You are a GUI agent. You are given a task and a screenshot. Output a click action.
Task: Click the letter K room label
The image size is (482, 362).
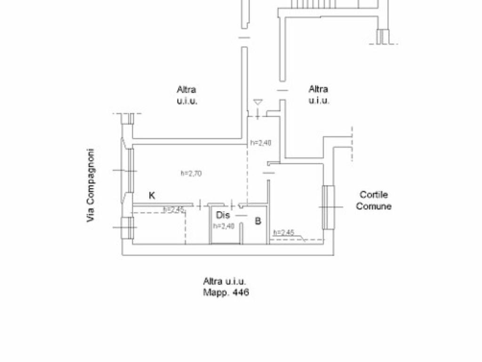152,196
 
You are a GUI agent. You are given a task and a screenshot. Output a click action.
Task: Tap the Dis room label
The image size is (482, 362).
223,216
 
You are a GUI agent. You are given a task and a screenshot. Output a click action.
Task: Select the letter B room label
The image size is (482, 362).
258,221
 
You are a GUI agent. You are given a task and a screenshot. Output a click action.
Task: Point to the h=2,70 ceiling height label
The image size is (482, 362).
191,173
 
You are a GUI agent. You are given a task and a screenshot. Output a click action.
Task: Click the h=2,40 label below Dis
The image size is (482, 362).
224,226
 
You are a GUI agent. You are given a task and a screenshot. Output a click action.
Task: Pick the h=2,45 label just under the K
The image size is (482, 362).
174,210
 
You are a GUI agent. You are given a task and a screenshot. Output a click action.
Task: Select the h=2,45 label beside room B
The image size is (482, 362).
284,232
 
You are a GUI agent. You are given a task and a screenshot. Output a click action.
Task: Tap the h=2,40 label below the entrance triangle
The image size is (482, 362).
261,143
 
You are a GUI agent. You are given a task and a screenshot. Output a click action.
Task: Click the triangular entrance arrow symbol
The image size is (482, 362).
257,102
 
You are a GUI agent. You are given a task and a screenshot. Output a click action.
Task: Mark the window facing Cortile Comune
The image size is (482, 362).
328,207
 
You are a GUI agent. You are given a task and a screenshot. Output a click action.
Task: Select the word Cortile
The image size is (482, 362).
374,195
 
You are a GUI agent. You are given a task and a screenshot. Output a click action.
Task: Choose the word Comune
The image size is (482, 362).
374,206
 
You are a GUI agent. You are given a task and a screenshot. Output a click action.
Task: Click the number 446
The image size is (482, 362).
240,293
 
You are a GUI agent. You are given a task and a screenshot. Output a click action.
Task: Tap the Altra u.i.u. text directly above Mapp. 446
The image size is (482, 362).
225,281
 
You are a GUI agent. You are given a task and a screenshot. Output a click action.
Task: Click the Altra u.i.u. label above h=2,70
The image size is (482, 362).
187,95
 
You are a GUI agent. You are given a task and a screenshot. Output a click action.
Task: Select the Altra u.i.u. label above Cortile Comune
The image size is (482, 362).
319,94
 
